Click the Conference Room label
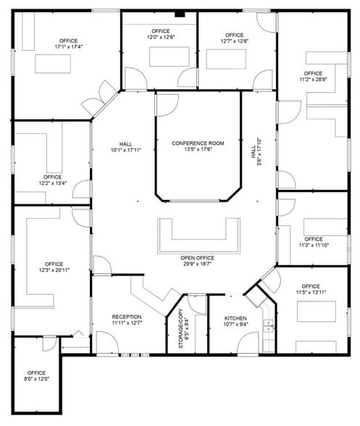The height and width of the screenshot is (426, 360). tap(198, 143)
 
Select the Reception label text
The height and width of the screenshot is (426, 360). tap(127, 317)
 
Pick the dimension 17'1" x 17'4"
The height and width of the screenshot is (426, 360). tap(69, 47)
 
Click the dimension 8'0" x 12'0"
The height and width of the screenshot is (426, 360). tap(36, 380)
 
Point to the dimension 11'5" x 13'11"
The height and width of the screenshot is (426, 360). tap(311, 293)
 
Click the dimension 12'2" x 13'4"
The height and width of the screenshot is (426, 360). tap(52, 183)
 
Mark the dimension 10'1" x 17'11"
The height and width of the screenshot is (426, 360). tap(125, 150)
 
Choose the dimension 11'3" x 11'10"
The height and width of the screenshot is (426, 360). tap(314, 246)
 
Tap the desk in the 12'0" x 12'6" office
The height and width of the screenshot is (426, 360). tap(160, 56)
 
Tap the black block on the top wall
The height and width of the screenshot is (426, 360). tap(180, 14)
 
